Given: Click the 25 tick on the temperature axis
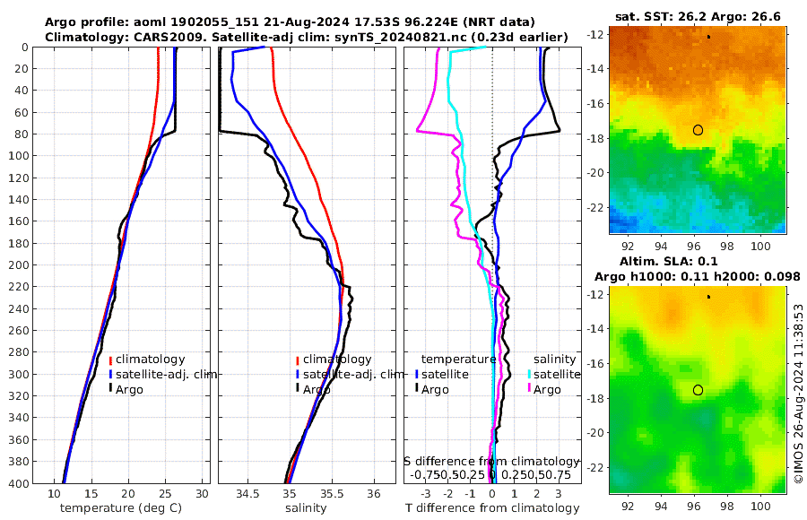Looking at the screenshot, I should tap(165, 494).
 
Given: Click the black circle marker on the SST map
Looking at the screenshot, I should tap(698, 130).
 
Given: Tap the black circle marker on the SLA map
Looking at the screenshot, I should tap(698, 390).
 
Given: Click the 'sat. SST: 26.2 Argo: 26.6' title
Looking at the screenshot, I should tap(698, 17).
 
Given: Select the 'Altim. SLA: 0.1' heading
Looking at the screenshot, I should tap(698, 260).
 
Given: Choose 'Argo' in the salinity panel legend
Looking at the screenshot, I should tap(317, 389).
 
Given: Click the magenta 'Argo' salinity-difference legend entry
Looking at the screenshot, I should tap(547, 389).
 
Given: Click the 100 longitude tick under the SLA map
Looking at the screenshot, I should tap(761, 507).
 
